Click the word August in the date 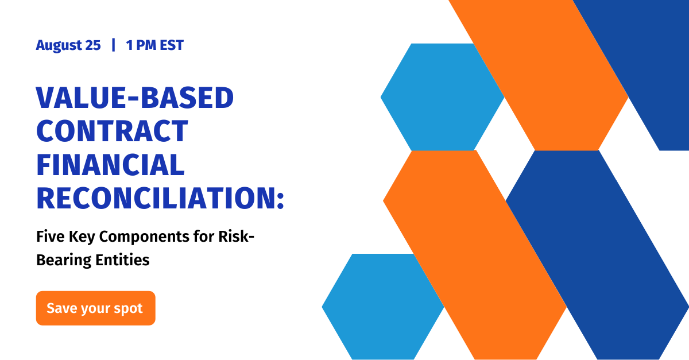[x=60, y=45]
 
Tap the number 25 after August [x=93, y=45]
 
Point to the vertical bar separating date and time [x=113, y=45]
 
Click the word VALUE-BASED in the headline [x=135, y=99]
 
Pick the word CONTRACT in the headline [x=112, y=131]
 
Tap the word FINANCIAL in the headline [x=110, y=164]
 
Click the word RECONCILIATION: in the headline [x=155, y=197]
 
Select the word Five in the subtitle [x=48, y=236]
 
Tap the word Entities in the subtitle [x=119, y=260]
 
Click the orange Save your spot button [x=95, y=308]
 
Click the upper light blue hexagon [x=442, y=97]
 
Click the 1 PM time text [x=141, y=45]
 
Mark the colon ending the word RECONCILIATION [x=280, y=198]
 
